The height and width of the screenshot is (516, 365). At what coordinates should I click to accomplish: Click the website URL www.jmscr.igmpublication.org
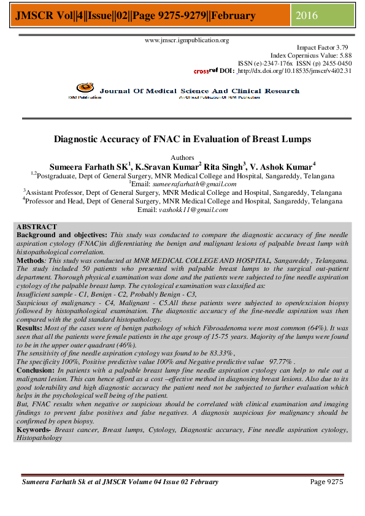tap(186, 40)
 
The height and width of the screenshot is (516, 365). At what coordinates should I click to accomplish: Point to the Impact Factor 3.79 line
tap(323, 47)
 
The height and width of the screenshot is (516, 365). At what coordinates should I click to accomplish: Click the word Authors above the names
tap(182, 157)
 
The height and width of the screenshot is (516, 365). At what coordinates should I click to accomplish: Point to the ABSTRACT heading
tap(37, 227)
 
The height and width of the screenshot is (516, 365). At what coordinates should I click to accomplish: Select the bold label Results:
tap(31, 328)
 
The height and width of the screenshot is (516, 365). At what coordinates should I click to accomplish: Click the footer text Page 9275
tap(326, 482)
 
